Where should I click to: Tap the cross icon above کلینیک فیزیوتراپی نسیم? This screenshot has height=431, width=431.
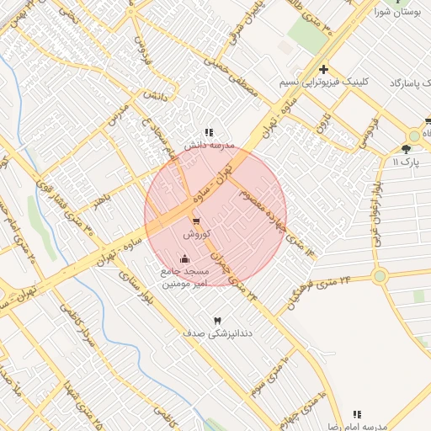323,70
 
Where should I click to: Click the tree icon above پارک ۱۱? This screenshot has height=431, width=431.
407,148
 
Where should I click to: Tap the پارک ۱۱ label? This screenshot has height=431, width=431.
406,160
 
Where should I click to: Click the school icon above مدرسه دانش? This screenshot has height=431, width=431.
209,132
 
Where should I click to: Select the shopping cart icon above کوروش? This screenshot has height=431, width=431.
196,221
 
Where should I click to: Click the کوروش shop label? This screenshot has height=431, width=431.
196,234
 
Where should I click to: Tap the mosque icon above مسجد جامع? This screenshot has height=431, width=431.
184,258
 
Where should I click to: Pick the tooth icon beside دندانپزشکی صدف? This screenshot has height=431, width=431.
217,322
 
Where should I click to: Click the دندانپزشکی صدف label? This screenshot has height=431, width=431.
217,333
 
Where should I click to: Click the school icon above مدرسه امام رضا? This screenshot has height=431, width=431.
358,415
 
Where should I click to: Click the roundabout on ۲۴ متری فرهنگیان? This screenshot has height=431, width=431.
380,275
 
